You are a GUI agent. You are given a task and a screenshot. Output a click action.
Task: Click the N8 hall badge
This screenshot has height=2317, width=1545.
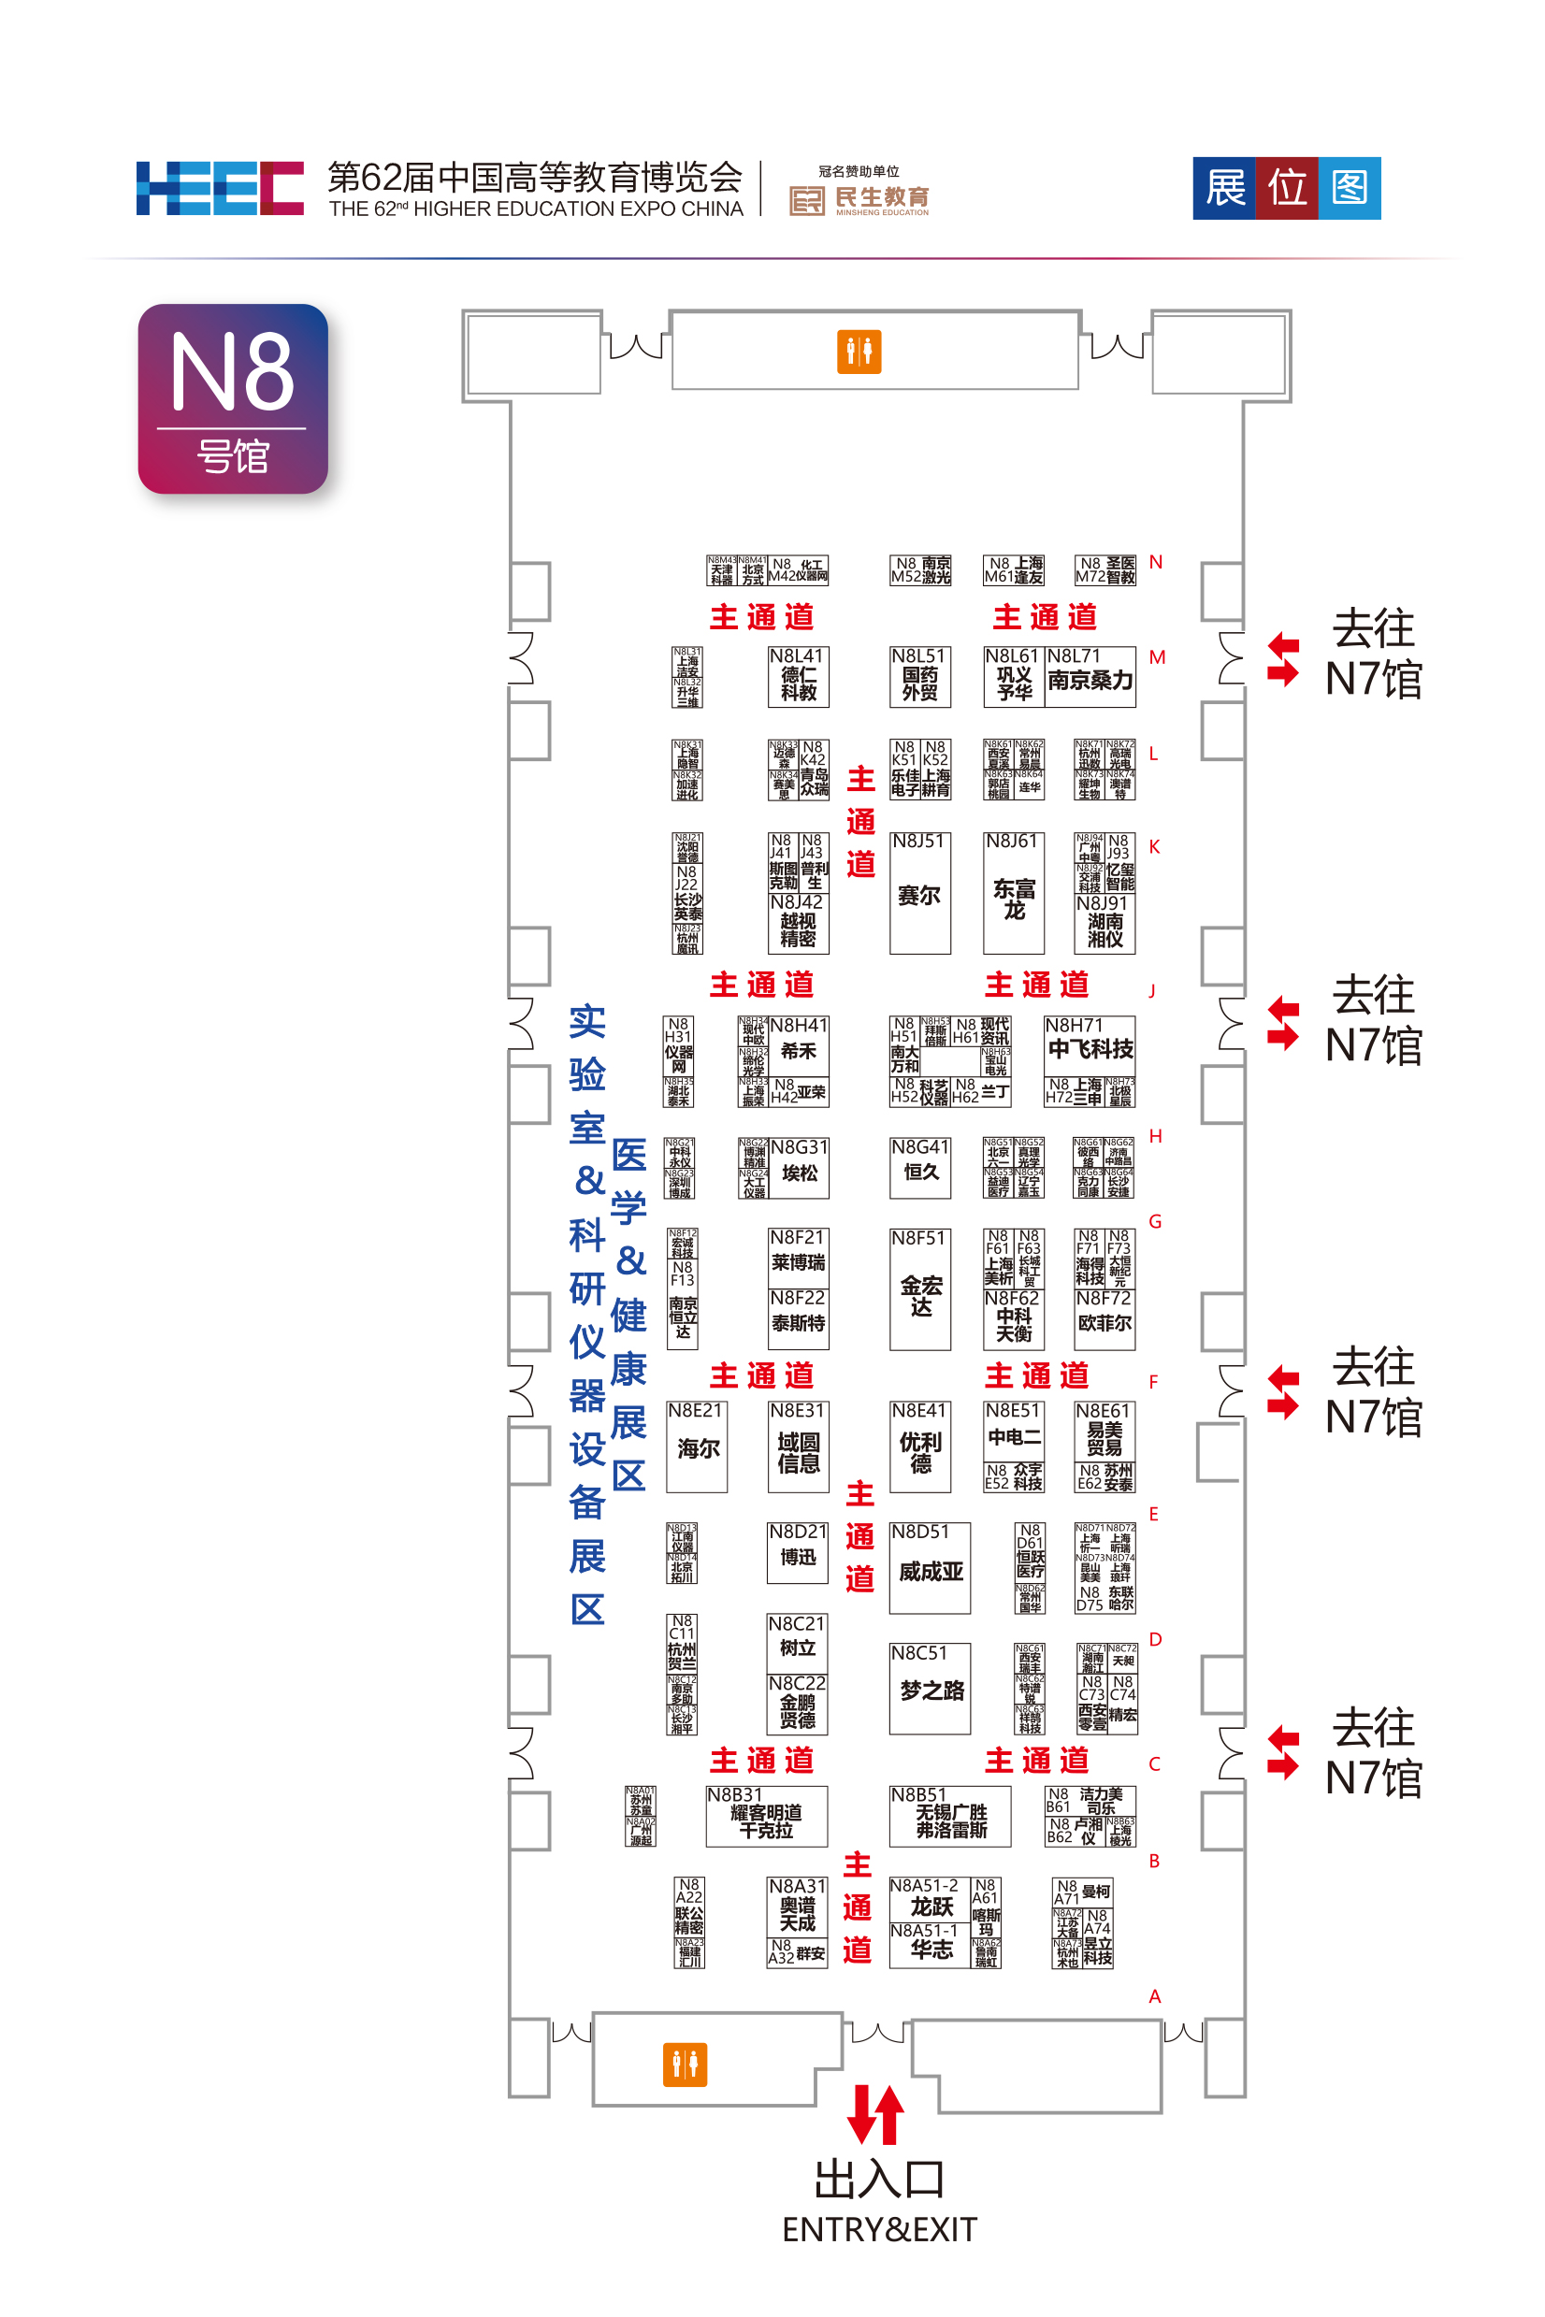point(233,399)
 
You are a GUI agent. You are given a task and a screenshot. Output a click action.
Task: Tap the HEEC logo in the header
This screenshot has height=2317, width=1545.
point(220,188)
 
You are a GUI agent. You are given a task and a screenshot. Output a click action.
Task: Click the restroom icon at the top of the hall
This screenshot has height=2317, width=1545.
point(859,352)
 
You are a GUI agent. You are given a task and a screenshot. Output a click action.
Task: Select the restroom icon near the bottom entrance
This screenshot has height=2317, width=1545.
point(685,2064)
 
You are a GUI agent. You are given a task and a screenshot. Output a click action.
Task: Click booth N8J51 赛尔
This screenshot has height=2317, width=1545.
point(919,894)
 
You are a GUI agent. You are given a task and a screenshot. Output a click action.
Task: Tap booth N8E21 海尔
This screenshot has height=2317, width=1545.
point(697,1447)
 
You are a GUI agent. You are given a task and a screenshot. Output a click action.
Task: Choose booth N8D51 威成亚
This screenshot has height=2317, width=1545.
point(930,1568)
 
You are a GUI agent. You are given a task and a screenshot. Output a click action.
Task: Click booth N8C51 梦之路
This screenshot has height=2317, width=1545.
point(930,1689)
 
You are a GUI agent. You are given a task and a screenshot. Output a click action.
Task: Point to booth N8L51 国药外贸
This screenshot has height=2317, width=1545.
point(919,677)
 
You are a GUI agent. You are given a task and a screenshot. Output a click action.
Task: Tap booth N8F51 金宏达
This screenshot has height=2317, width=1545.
point(919,1290)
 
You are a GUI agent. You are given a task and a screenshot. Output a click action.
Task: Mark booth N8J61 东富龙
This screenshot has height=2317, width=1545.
point(1013,894)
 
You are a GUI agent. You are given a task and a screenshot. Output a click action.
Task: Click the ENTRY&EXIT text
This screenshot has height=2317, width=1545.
point(879,2229)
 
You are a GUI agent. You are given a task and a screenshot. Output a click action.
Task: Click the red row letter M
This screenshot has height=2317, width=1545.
point(1157,657)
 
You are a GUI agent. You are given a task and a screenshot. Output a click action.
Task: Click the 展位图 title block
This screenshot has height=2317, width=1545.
point(1286,188)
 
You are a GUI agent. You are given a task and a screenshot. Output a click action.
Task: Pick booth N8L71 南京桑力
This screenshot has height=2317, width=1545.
point(1090,677)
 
